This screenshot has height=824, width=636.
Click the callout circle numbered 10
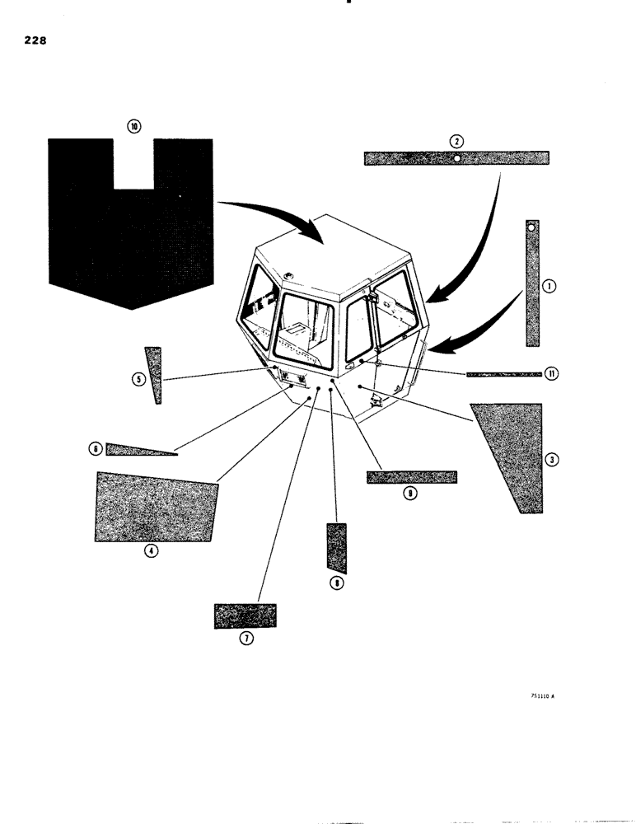(134, 126)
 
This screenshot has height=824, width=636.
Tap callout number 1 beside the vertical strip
(549, 286)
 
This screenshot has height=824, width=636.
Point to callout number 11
(551, 373)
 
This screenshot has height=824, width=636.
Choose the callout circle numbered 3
(552, 459)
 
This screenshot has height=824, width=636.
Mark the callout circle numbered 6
(96, 449)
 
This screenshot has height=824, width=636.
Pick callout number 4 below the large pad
(151, 552)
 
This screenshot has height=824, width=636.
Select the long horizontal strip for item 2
(456, 158)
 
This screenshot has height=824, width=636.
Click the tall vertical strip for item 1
(532, 284)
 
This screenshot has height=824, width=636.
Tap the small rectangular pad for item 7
(245, 616)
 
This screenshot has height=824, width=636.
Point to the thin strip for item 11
(503, 374)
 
